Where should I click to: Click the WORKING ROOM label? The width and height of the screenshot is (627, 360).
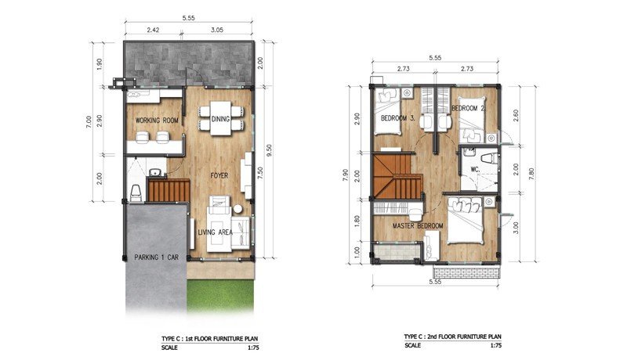(157, 121)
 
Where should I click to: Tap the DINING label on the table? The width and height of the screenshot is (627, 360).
(220, 119)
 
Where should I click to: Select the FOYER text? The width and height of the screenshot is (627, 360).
(219, 175)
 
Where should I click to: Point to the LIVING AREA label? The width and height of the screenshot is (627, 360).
(215, 232)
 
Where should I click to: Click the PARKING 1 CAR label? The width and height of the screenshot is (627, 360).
(156, 257)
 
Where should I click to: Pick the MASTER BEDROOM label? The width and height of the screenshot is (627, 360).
(418, 226)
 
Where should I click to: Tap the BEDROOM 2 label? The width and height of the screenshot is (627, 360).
(468, 108)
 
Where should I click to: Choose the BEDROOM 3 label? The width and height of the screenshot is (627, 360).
(398, 118)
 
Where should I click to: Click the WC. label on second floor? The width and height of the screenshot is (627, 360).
(475, 170)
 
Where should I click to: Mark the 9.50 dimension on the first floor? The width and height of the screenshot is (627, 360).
(269, 150)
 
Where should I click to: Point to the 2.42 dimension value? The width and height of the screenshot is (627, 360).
(153, 30)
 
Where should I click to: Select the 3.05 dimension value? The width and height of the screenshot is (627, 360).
(217, 30)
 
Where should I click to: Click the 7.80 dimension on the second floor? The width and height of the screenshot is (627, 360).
(531, 174)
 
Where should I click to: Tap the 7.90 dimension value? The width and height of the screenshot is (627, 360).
(346, 175)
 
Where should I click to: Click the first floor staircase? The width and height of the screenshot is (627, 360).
(169, 190)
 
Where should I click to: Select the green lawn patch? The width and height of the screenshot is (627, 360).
(220, 295)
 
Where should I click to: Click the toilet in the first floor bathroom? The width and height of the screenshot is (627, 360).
(135, 193)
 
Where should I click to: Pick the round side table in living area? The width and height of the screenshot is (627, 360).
(238, 209)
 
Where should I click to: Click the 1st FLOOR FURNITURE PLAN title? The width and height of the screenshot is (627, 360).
(209, 339)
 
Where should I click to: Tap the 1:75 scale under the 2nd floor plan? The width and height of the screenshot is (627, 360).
(495, 346)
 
